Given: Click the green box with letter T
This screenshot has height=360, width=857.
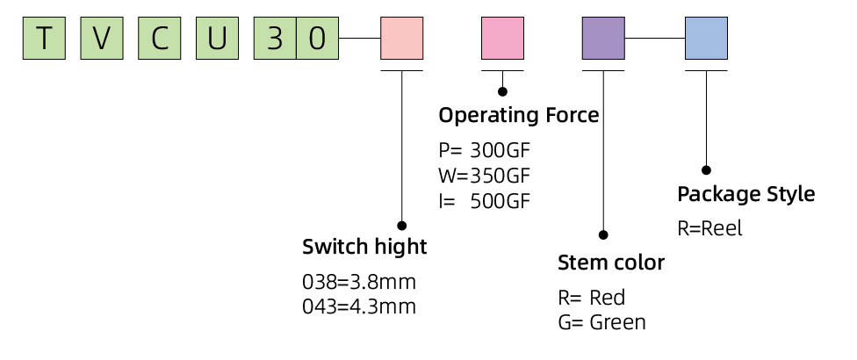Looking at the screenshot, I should pyautogui.click(x=44, y=39).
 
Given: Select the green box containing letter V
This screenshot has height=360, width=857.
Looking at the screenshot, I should pyautogui.click(x=101, y=39).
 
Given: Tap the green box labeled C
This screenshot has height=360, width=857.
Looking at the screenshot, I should pyautogui.click(x=159, y=39).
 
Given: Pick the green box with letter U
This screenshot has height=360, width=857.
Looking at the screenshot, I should pyautogui.click(x=217, y=39).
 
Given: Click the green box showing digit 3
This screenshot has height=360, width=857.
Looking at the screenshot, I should pyautogui.click(x=275, y=39).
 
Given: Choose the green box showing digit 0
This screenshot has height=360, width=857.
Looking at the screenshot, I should pyautogui.click(x=318, y=39).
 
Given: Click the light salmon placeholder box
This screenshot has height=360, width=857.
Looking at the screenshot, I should pyautogui.click(x=401, y=39).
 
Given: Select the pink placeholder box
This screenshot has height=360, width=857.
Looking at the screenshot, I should pyautogui.click(x=502, y=39).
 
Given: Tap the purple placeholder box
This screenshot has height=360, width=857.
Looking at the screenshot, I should pyautogui.click(x=604, y=39).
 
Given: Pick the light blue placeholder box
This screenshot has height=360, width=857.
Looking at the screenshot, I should pyautogui.click(x=706, y=39).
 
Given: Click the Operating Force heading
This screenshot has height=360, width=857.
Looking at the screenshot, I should pyautogui.click(x=518, y=115).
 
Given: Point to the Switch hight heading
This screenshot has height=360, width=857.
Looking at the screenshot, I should pyautogui.click(x=364, y=247).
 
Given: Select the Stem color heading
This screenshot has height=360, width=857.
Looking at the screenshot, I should pyautogui.click(x=611, y=263).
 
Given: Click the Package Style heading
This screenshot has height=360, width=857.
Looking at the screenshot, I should pyautogui.click(x=745, y=193).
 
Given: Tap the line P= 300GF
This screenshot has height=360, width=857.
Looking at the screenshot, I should pyautogui.click(x=484, y=149).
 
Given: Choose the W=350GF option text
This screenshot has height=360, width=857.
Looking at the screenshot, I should pyautogui.click(x=484, y=175).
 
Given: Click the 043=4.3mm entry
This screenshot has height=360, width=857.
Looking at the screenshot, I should pyautogui.click(x=358, y=306).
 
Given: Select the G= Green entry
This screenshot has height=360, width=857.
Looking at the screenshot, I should pyautogui.click(x=601, y=322).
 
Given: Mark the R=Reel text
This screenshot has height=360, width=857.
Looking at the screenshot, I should pyautogui.click(x=709, y=228).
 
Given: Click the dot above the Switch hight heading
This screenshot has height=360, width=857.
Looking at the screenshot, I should pyautogui.click(x=401, y=226).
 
